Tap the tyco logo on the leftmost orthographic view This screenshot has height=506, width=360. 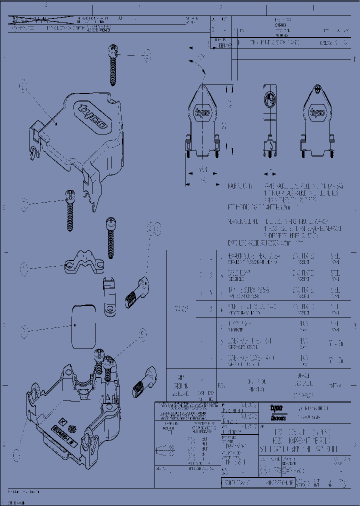201,113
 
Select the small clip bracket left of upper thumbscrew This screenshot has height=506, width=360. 108,296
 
